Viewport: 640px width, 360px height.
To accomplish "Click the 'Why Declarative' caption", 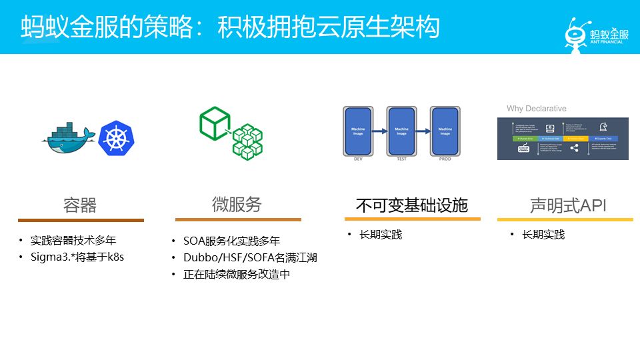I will (536, 109).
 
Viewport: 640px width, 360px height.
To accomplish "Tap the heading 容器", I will (80, 205).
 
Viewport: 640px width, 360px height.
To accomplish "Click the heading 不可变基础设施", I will (411, 205).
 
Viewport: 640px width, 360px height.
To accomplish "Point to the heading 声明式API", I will (568, 205).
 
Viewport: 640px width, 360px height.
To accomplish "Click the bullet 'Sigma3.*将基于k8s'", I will (77, 257).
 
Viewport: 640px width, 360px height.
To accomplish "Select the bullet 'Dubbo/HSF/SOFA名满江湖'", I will (250, 257).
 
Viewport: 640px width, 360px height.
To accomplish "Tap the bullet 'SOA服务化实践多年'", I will (231, 241).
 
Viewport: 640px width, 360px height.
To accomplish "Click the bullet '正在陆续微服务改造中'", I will (236, 274).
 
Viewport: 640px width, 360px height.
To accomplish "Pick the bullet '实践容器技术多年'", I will (77, 240).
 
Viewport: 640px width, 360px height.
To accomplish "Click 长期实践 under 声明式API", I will (543, 234).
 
